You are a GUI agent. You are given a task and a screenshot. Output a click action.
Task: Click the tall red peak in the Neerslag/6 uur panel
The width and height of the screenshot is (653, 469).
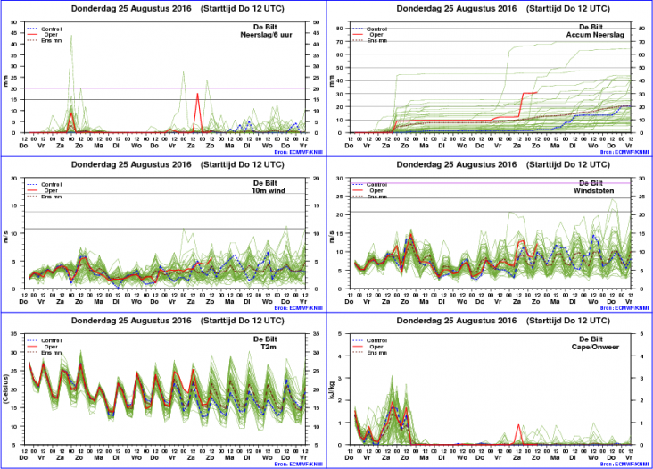(x=197, y=95)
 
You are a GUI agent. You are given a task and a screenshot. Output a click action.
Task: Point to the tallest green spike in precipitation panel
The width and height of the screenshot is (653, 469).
(x=71, y=38)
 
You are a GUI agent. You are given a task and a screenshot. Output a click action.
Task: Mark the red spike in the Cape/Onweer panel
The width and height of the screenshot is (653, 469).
(x=518, y=425)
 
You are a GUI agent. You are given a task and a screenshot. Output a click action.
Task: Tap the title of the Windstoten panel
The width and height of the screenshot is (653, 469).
(x=489, y=164)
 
